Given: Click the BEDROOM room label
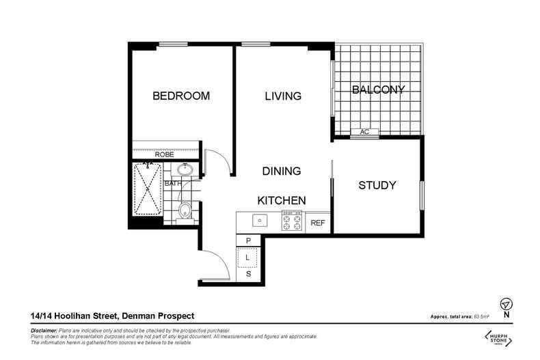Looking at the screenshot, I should point(180,96).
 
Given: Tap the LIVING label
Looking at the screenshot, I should point(283,96).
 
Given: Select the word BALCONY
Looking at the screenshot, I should point(378,89).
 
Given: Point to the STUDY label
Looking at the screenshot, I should point(377,185).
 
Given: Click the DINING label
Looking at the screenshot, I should point(282,171).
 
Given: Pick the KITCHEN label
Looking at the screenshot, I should point(280,201).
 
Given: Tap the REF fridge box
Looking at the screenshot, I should point(318,223).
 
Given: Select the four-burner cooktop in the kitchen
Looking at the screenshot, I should point(293,222).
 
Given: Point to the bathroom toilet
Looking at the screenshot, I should point(183,211).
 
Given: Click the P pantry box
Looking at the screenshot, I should point(248,240).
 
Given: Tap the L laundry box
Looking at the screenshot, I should point(248,258).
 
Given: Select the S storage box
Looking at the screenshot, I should point(248,275).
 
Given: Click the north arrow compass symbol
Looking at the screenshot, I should point(506,304).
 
